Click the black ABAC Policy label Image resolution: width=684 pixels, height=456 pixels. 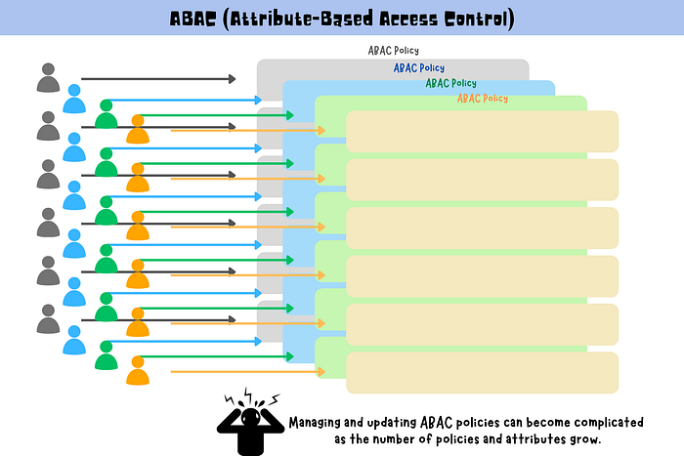pyautogui.click(x=393, y=50)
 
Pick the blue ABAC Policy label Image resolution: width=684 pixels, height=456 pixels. pyautogui.click(x=419, y=67)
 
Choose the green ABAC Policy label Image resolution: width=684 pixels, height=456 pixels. pyautogui.click(x=450, y=83)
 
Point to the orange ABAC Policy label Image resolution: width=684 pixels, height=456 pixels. pyautogui.click(x=483, y=99)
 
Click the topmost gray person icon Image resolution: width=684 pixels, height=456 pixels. pyautogui.click(x=47, y=78)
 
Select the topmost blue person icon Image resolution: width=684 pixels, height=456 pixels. pyautogui.click(x=74, y=100)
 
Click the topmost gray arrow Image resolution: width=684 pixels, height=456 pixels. pyautogui.click(x=157, y=78)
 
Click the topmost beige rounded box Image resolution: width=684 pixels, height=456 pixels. pyautogui.click(x=482, y=131)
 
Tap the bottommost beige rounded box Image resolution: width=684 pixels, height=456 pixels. pyautogui.click(x=482, y=372)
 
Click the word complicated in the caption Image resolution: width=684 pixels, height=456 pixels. pyautogui.click(x=599, y=423)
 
